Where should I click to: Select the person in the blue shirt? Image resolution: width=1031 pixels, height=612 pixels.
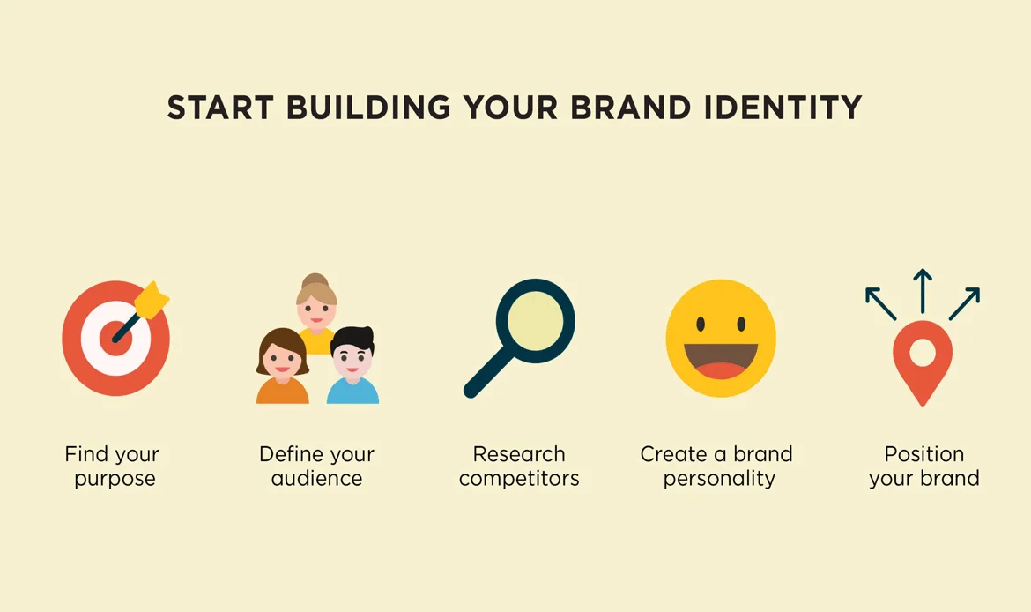(352, 370)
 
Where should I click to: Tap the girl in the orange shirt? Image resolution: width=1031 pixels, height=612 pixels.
(282, 370)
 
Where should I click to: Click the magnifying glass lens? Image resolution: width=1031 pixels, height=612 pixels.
(535, 319)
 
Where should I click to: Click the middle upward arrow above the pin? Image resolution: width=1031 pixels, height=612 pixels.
(922, 291)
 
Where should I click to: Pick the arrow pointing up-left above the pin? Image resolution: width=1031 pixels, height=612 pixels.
(880, 302)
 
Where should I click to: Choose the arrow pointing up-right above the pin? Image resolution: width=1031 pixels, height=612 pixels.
(964, 302)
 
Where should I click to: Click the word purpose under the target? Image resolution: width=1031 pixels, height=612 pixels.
(115, 480)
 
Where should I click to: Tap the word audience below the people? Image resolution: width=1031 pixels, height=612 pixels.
(316, 479)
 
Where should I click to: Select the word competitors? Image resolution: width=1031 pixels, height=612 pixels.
(519, 479)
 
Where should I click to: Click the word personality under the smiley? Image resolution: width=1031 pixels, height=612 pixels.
(719, 479)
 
